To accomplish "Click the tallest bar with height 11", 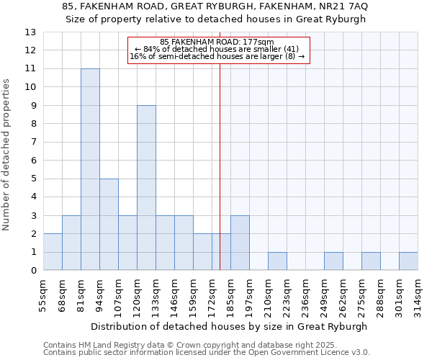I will [x=90, y=169].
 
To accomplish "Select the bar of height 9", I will [x=146, y=188].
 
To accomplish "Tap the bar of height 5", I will [x=109, y=225].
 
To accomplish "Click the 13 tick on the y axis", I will [x=30, y=32].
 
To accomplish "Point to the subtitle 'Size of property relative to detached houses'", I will [x=215, y=19].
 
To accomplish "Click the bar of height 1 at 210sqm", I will [x=277, y=261].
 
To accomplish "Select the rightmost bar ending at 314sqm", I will [x=408, y=261].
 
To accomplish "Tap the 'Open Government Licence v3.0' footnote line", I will [x=207, y=353].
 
